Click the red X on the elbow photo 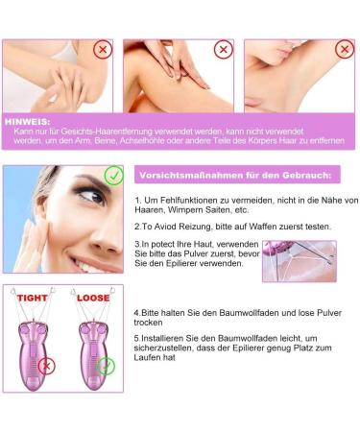click(101, 50)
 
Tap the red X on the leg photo click(223, 49)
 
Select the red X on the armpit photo click(344, 49)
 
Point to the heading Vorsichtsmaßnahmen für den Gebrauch click(234, 176)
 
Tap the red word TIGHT click(30, 299)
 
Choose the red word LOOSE click(94, 299)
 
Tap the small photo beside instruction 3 click(299, 260)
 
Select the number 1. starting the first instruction click(139, 200)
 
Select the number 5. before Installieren click(138, 338)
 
